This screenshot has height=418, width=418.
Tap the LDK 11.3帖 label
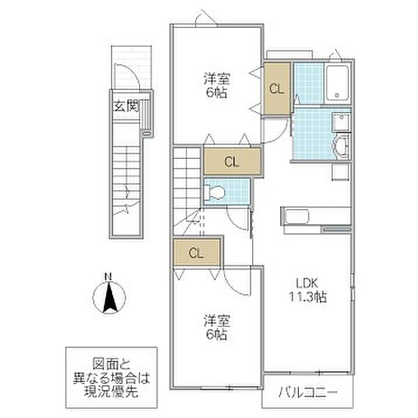tap(308, 290)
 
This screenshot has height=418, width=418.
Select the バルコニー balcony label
tap(308, 392)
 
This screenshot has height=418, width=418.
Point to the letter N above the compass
tap(108, 277)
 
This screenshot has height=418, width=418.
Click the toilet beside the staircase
tap(214, 192)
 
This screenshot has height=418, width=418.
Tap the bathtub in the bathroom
tap(337, 83)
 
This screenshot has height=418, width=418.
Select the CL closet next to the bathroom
tap(277, 88)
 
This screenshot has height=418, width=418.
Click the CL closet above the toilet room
tap(232, 162)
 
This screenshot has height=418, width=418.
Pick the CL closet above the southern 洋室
tap(196, 253)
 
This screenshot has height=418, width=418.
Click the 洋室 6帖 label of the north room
tap(217, 85)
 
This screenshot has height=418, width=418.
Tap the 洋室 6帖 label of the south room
tap(217, 328)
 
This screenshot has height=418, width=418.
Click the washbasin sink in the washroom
tap(341, 146)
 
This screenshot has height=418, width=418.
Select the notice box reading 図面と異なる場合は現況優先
tap(111, 378)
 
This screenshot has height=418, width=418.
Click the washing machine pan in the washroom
tap(341, 173)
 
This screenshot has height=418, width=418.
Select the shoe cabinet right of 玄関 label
tap(146, 116)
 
